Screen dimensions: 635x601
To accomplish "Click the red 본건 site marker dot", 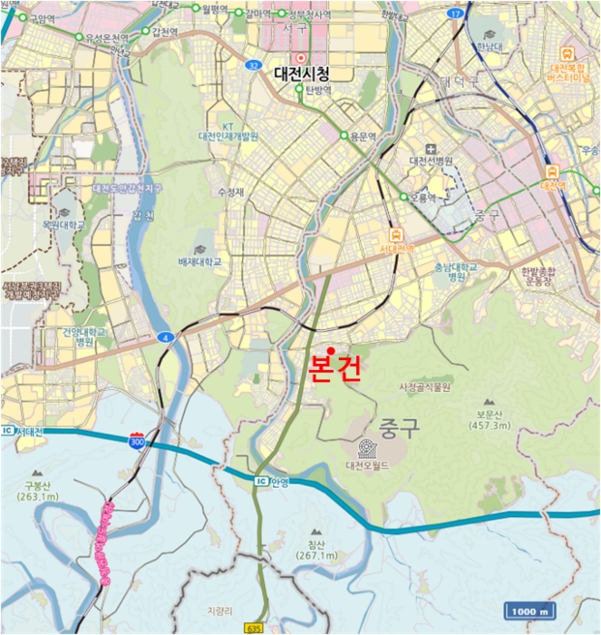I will pyautogui.click(x=332, y=351).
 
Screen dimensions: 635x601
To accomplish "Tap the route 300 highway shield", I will pyautogui.click(x=136, y=442).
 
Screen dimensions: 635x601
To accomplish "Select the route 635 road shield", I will pyautogui.click(x=257, y=628).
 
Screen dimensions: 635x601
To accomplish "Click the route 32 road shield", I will pyautogui.click(x=253, y=65).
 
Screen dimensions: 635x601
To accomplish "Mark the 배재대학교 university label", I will pyautogui.click(x=199, y=261).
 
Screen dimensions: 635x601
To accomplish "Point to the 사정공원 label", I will pyautogui.click(x=424, y=386).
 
